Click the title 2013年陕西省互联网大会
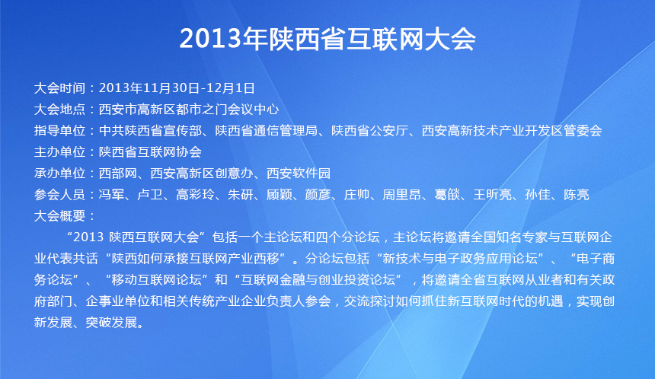[327, 39]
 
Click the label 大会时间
[59, 88]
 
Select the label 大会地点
[59, 110]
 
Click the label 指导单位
[59, 131]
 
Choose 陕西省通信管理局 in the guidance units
[267, 131]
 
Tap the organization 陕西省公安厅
[370, 131]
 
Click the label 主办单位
[59, 152]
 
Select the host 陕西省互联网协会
[150, 152]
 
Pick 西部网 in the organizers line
[118, 174]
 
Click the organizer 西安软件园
[299, 174]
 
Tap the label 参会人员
[59, 195]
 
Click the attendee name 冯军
[111, 195]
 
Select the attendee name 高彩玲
[196, 195]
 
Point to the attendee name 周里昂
[402, 195]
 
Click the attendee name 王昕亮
[493, 195]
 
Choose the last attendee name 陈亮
[577, 195]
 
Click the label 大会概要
[59, 216]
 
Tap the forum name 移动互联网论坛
[157, 279]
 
